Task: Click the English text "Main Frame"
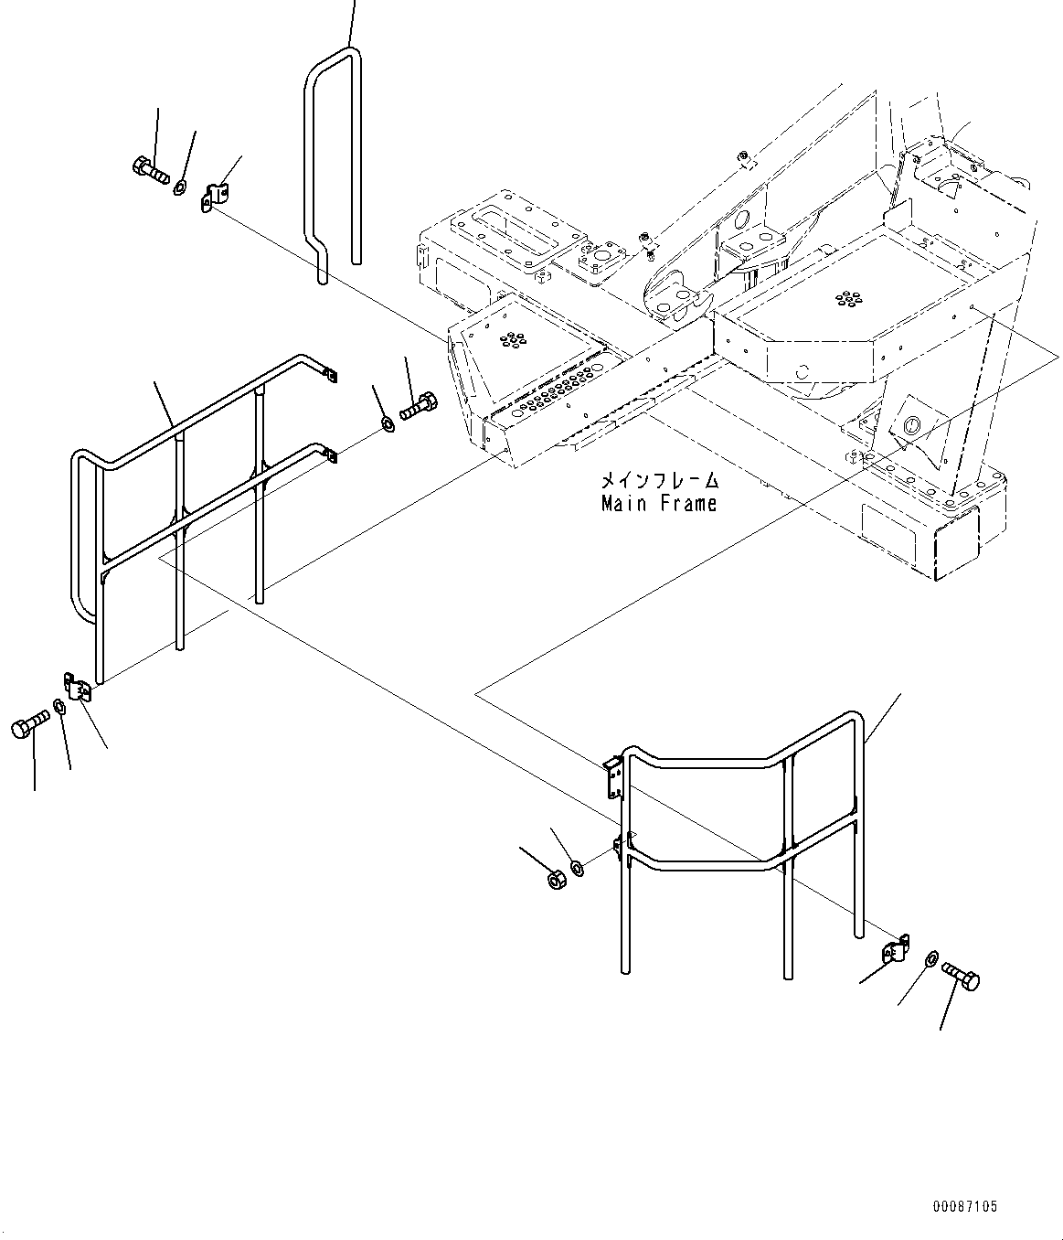tap(658, 504)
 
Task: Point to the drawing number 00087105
tap(965, 1207)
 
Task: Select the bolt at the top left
tap(150, 170)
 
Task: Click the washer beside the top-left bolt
tap(181, 187)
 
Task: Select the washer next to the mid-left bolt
tap(388, 423)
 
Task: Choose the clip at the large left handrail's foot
tap(79, 686)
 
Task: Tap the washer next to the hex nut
tap(577, 867)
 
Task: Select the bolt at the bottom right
tap(960, 977)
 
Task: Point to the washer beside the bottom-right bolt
tap(930, 957)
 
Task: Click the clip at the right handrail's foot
tap(896, 949)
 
